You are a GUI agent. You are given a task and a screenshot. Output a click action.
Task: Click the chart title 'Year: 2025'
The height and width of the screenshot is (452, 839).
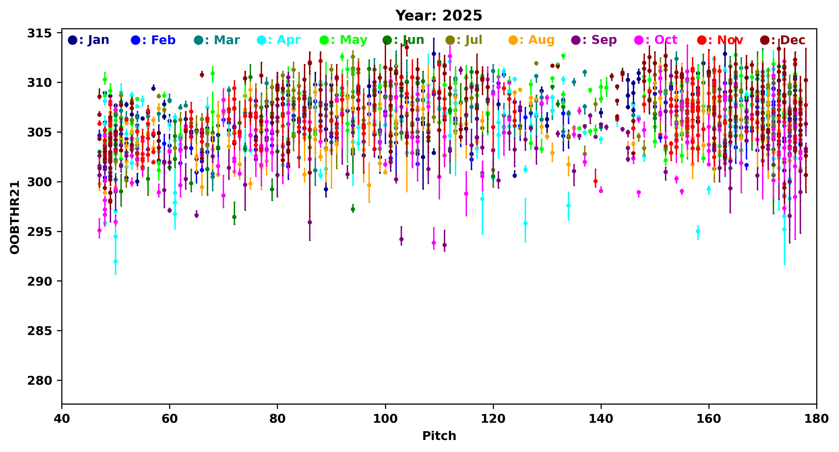(x=438, y=16)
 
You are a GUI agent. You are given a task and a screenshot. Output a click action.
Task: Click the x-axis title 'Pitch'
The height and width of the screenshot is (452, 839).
(x=439, y=436)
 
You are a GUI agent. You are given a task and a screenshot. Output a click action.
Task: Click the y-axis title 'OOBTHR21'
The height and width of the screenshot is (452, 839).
(x=15, y=217)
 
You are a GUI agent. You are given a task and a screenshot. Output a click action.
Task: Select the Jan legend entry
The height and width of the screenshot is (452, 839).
(x=88, y=40)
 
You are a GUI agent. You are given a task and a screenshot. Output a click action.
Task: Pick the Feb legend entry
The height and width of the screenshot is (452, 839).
(x=153, y=40)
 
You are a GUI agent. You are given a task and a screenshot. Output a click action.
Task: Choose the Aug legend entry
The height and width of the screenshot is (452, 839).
(x=531, y=40)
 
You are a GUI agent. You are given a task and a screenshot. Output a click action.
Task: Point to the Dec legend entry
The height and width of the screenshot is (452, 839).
(x=783, y=40)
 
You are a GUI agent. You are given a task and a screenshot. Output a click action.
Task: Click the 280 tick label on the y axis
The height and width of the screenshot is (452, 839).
(x=39, y=380)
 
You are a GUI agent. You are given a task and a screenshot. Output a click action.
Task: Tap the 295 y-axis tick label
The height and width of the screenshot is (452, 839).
(x=39, y=231)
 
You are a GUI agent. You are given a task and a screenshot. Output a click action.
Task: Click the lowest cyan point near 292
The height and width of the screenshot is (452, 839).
(x=116, y=261)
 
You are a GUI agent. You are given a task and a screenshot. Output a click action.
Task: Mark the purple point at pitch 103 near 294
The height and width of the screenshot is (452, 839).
(x=401, y=239)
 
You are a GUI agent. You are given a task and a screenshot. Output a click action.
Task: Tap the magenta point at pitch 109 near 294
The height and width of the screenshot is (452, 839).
(x=433, y=243)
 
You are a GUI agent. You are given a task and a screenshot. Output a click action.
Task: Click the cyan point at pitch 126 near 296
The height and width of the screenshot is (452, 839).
(x=525, y=223)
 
